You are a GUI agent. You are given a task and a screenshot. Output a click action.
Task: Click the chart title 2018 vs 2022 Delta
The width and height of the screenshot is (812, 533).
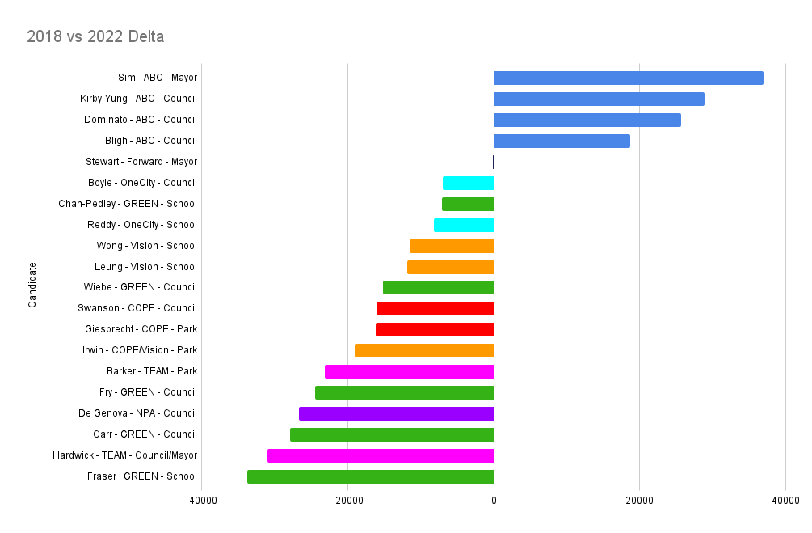pyautogui.click(x=95, y=36)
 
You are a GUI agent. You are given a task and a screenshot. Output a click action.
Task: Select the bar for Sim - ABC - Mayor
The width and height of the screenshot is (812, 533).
pyautogui.click(x=628, y=78)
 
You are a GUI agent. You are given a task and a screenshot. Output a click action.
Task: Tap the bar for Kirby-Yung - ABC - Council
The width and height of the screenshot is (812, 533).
pyautogui.click(x=599, y=99)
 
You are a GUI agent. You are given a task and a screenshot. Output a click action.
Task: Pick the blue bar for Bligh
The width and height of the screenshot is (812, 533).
pyautogui.click(x=562, y=141)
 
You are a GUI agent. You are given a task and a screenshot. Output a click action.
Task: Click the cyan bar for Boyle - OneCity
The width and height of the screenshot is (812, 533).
pyautogui.click(x=468, y=183)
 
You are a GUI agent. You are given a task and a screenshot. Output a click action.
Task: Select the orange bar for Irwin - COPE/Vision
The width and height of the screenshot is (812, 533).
pyautogui.click(x=424, y=350)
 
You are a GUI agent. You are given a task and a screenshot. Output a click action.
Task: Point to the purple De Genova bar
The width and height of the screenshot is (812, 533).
pyautogui.click(x=396, y=413)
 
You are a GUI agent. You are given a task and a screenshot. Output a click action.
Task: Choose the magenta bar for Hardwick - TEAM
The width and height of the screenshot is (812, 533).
pyautogui.click(x=381, y=455)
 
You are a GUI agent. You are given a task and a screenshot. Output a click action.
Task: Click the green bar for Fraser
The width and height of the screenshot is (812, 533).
pyautogui.click(x=370, y=476)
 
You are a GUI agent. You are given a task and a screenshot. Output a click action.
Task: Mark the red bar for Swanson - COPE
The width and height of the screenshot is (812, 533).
pyautogui.click(x=435, y=308)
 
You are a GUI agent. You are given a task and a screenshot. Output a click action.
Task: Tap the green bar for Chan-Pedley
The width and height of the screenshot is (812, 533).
pyautogui.click(x=468, y=204)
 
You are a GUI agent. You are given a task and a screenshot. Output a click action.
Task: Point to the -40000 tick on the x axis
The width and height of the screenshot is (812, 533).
pyautogui.click(x=201, y=501)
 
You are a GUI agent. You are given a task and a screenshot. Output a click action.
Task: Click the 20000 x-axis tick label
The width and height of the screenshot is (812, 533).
pyautogui.click(x=639, y=501)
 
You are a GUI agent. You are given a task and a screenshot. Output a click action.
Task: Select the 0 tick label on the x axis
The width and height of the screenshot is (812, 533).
pyautogui.click(x=494, y=501)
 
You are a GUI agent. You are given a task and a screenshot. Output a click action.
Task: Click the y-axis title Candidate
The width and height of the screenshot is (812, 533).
pyautogui.click(x=32, y=285)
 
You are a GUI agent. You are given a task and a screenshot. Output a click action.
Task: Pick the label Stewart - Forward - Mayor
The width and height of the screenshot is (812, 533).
pyautogui.click(x=141, y=162)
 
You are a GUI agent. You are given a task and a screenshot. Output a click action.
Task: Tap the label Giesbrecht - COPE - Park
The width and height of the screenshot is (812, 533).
pyautogui.click(x=141, y=329)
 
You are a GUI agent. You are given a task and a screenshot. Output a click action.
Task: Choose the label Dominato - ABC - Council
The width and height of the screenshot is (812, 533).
pyautogui.click(x=141, y=120)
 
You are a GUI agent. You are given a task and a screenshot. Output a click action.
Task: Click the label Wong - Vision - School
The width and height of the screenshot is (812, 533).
pyautogui.click(x=146, y=245)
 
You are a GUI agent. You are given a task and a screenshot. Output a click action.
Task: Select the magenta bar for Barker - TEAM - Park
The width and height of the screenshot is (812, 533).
pyautogui.click(x=409, y=371)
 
